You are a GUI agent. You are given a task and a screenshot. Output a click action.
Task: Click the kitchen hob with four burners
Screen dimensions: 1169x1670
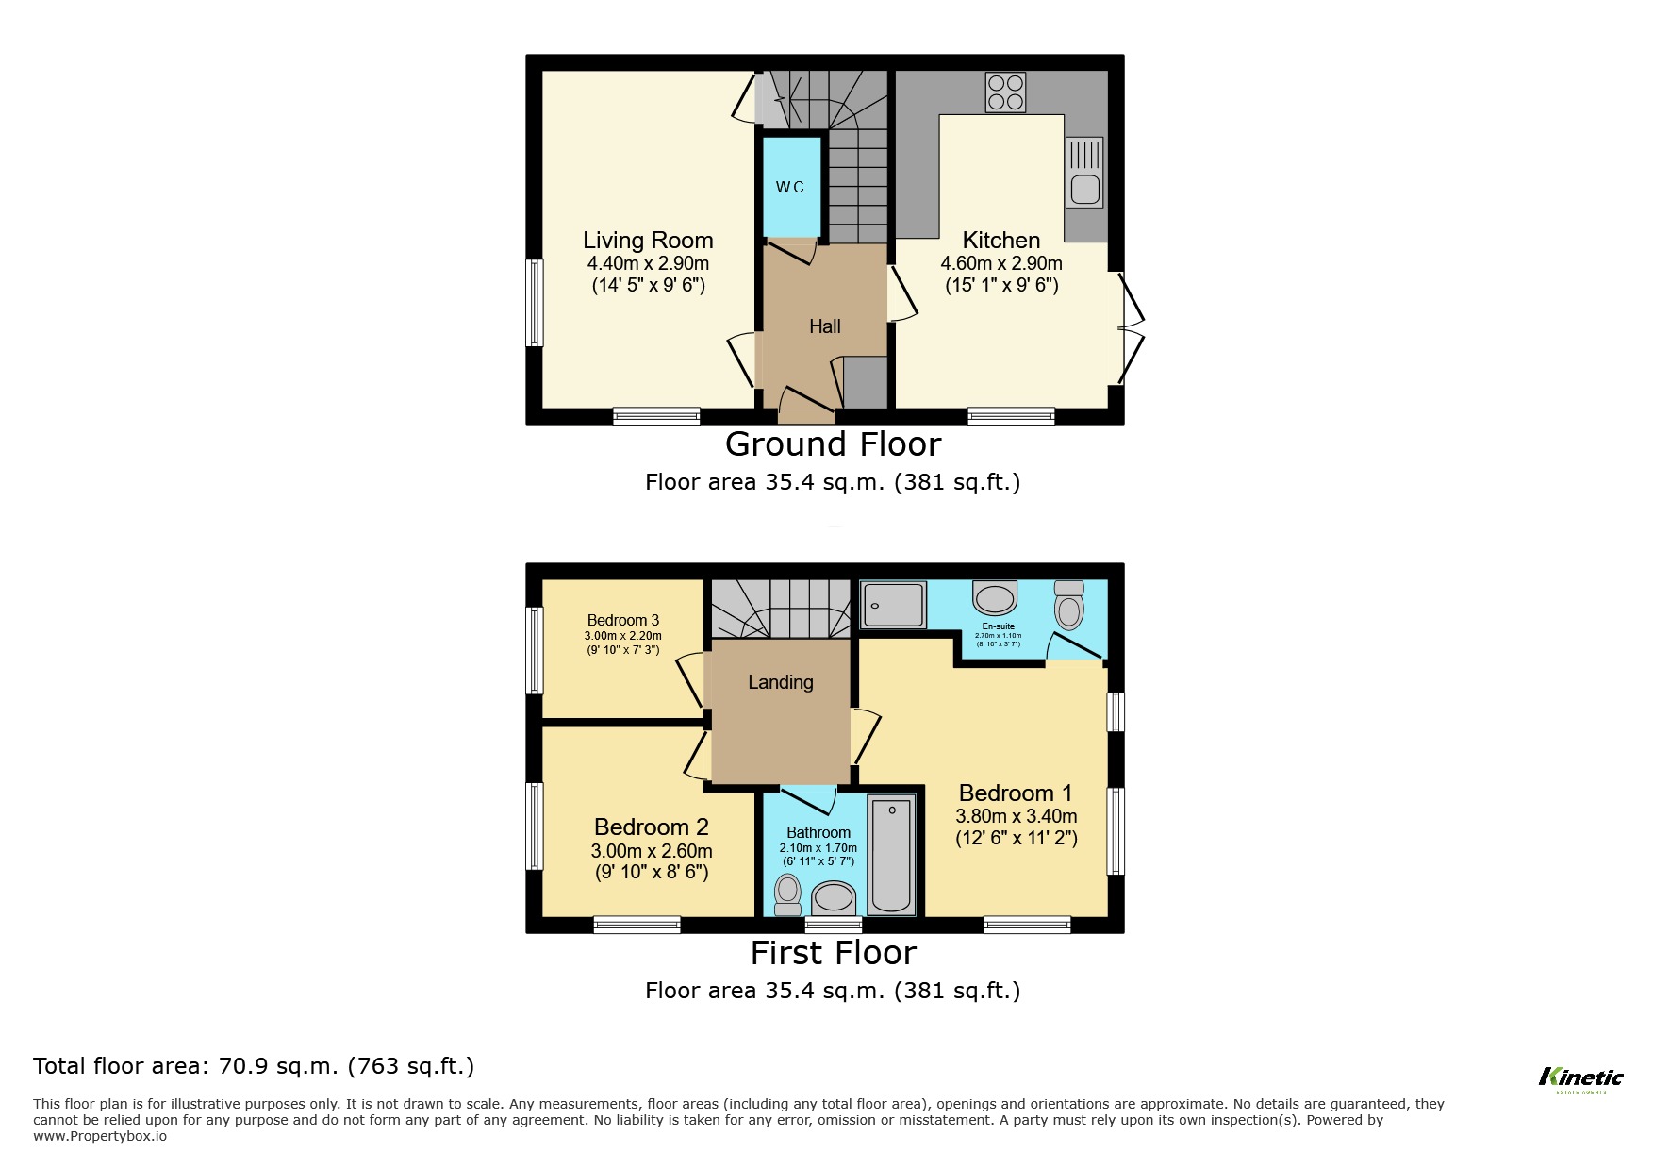pos(1005,92)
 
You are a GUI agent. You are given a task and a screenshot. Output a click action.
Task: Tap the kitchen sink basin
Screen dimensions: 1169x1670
pos(1085,190)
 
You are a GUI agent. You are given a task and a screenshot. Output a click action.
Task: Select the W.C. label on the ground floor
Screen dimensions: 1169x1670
pos(791,187)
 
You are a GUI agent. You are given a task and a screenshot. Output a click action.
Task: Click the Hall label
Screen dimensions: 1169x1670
pos(824,326)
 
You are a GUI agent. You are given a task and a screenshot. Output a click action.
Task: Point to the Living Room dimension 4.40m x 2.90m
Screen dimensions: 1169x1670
pos(648,264)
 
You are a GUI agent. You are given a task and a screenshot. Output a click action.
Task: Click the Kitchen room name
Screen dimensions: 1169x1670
pos(1000,240)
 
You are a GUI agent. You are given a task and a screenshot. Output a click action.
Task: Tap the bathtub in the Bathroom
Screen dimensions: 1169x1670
pos(891,857)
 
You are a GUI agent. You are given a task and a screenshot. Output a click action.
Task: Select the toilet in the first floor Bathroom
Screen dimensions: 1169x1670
pos(787,893)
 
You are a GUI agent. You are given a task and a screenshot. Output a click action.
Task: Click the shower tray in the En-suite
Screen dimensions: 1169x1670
pos(893,605)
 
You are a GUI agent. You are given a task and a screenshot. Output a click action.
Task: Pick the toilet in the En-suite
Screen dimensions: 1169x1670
pos(1069,606)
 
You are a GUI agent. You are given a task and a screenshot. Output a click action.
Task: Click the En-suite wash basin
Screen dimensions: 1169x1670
pos(995,598)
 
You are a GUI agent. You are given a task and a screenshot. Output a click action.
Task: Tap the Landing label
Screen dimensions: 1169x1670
pos(780,682)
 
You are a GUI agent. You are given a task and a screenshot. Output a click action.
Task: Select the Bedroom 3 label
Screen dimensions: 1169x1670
pos(622,620)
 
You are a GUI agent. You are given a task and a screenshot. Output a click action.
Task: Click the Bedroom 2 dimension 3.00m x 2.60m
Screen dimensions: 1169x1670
pos(652,851)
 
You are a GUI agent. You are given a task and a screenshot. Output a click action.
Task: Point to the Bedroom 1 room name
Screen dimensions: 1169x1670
pos(1015,793)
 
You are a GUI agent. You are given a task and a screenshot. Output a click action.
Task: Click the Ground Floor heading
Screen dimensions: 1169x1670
pos(833,443)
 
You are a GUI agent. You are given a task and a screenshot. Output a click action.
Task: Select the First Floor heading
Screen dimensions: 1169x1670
pos(833,953)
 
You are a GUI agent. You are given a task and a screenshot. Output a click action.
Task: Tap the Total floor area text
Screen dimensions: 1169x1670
pos(254,1066)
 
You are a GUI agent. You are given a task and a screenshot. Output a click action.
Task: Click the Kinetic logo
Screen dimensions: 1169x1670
pos(1580,1077)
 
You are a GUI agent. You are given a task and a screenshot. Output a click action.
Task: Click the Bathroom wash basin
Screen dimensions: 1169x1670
pos(834,896)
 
